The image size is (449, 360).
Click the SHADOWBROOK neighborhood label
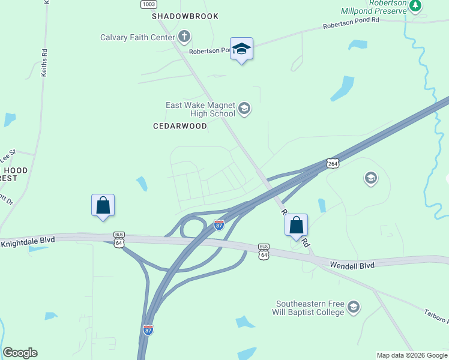point(185,16)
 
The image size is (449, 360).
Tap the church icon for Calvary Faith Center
point(184,38)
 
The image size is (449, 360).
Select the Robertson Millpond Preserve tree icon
point(415,5)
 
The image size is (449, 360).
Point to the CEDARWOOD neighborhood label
point(180,126)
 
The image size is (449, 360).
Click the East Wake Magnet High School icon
point(244,109)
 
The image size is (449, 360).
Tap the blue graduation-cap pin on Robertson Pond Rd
point(241,49)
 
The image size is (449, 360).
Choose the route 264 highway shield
point(333,163)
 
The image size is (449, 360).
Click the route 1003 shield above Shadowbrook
point(149,4)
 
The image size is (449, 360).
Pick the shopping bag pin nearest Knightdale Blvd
point(103,205)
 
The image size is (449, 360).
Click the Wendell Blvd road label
point(352,265)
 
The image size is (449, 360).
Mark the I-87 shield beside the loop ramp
point(219,224)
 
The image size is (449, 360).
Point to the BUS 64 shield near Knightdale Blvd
point(119,238)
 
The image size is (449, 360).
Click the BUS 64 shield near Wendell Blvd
point(264,251)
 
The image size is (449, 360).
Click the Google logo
point(20,353)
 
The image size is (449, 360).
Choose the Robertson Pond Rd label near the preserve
point(351,23)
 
